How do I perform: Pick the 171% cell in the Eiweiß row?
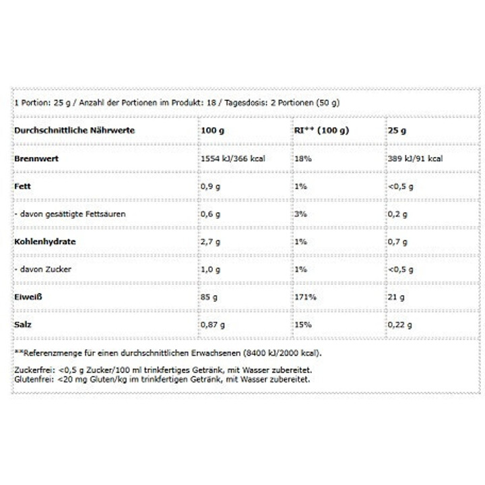coord(303,297)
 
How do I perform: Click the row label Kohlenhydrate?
coord(44,241)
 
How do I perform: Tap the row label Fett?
coord(23,186)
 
